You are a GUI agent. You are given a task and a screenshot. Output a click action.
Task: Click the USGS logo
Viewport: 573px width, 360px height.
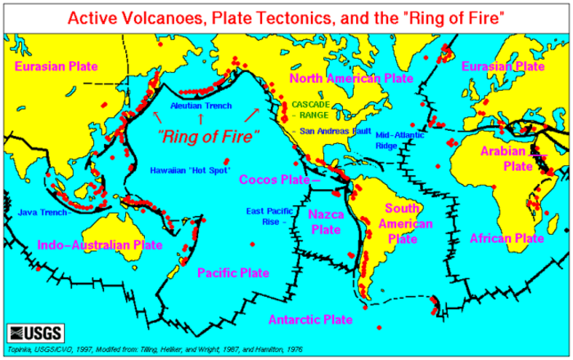(31, 333)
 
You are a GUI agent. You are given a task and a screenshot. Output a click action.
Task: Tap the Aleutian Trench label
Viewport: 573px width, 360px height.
(201, 106)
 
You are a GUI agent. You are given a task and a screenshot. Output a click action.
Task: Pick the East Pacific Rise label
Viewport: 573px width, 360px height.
(266, 215)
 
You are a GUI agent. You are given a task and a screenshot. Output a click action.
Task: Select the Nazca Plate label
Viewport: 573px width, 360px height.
(325, 221)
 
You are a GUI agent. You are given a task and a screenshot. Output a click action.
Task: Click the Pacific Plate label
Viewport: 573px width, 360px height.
(232, 273)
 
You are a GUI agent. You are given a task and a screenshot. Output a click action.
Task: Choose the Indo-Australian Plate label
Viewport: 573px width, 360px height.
(100, 244)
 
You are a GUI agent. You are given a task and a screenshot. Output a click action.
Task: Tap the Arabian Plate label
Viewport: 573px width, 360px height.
(517, 158)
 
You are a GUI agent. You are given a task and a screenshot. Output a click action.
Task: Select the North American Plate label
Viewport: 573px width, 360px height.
(350, 78)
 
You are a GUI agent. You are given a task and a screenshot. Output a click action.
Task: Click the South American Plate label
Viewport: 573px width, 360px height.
(402, 223)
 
